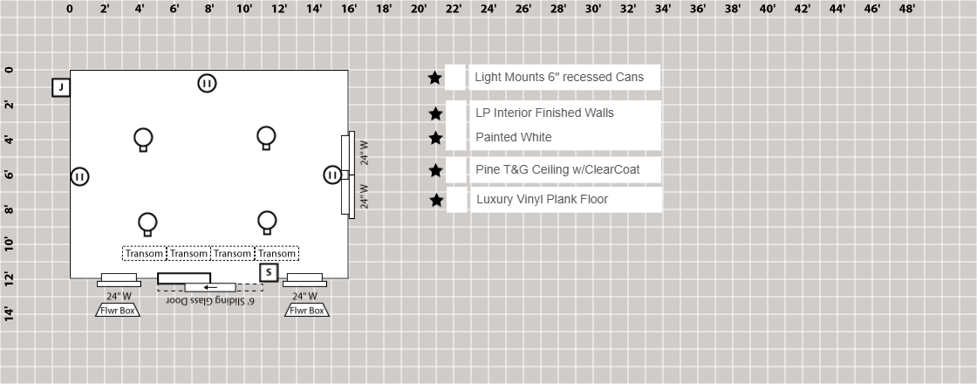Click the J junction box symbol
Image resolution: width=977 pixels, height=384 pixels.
(61, 87)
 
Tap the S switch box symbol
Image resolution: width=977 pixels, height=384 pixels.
(269, 273)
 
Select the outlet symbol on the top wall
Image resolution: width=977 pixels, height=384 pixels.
(207, 84)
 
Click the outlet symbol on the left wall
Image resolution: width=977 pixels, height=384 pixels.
(80, 176)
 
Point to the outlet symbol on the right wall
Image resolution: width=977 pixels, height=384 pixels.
(332, 175)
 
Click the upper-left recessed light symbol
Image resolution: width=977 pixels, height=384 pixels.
(143, 139)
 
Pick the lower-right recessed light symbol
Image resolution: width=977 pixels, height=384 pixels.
(267, 222)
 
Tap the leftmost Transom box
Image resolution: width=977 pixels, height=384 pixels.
(144, 254)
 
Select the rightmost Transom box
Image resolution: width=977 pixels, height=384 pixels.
(277, 254)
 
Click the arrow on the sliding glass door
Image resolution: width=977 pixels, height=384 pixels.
(209, 287)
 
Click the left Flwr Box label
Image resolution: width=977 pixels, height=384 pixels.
(118, 310)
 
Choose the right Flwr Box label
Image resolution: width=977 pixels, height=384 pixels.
(307, 310)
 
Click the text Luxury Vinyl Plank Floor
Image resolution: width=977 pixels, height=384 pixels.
(542, 200)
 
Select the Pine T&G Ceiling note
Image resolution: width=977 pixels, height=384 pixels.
(557, 169)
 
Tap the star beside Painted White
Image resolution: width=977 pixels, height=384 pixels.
(436, 138)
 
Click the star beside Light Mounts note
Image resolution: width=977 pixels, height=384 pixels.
(435, 78)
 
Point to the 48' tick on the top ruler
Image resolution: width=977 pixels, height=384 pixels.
(907, 9)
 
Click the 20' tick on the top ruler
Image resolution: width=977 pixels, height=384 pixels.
(419, 9)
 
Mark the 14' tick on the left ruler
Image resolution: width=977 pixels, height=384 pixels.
(9, 313)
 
